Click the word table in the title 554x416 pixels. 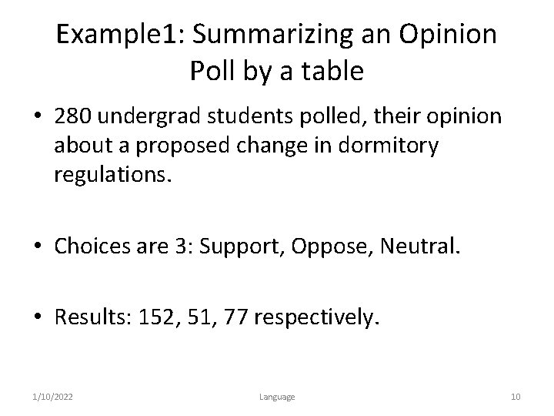click(x=331, y=72)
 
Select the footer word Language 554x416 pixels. click(x=276, y=396)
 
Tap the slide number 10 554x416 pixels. click(x=515, y=396)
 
